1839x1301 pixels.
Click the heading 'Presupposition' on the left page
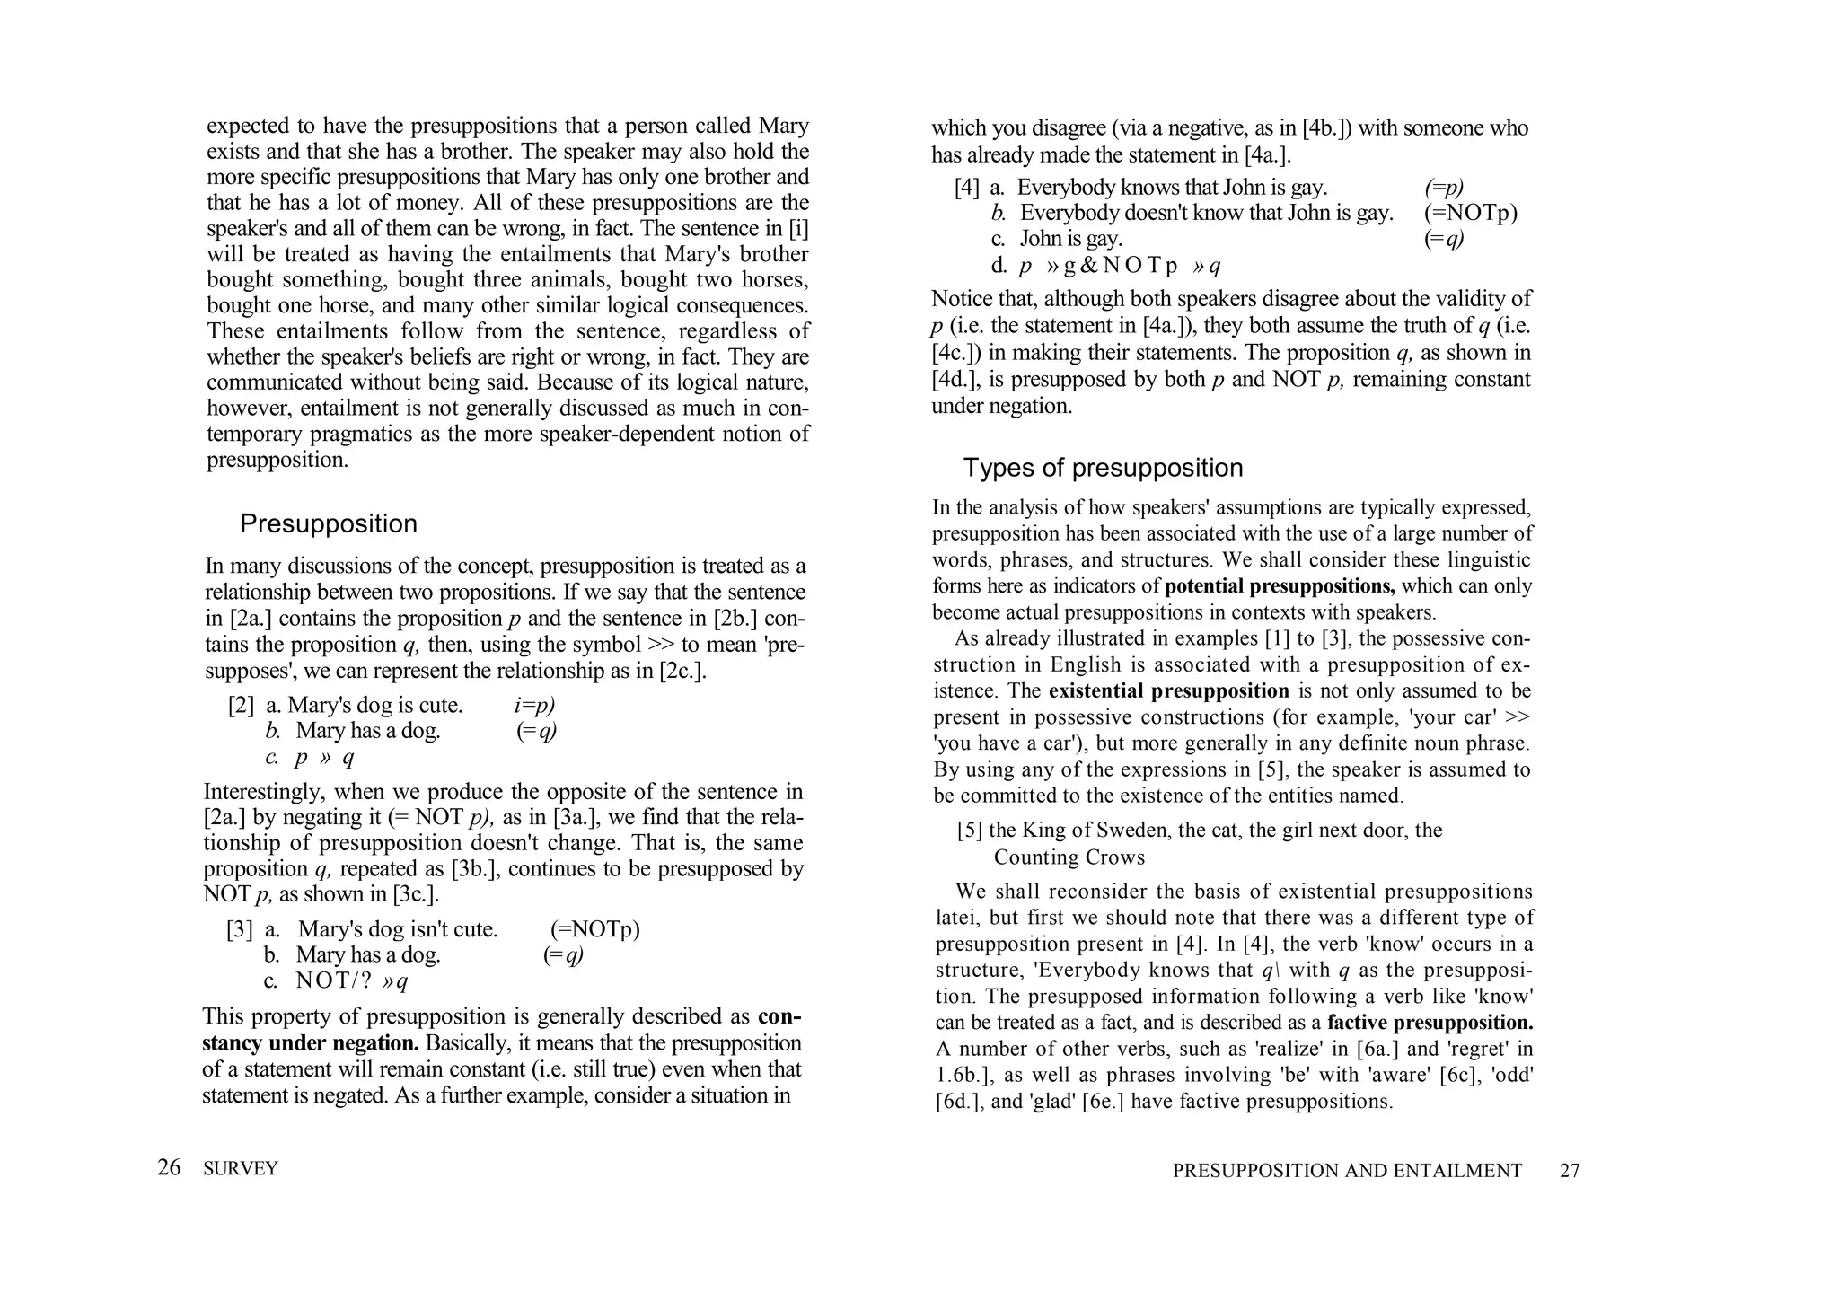click(328, 523)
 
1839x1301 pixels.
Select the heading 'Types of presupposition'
click(1103, 468)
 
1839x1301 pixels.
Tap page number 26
click(169, 1167)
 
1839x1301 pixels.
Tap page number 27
click(1569, 1171)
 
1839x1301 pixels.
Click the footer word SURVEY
click(241, 1168)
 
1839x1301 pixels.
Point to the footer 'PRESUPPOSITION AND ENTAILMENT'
click(1347, 1171)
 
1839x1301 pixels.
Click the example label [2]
click(241, 706)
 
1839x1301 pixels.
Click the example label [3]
click(239, 929)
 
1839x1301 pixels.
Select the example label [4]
click(967, 188)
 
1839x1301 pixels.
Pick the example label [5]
click(970, 831)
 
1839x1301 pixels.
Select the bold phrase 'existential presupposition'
click(1168, 691)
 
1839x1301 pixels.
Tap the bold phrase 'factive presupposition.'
click(1430, 1023)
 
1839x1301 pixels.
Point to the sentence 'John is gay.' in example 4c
click(1070, 239)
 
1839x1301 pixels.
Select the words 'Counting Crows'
click(1069, 857)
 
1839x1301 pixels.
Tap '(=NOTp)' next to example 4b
click(1470, 214)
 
